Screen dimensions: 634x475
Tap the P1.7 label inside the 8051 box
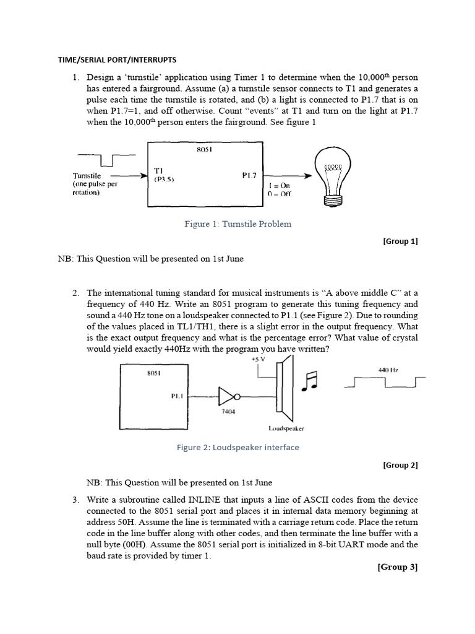(x=250, y=175)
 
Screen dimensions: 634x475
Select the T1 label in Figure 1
(x=158, y=170)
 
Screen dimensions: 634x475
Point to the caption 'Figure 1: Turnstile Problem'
(x=237, y=224)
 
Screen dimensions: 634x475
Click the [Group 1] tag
(x=400, y=241)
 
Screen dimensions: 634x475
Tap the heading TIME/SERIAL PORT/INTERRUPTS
(x=117, y=60)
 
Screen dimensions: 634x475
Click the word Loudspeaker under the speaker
(x=285, y=428)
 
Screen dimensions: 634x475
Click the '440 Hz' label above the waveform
(x=388, y=370)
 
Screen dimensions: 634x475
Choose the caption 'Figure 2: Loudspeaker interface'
(x=237, y=448)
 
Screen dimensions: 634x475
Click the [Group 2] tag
(x=400, y=465)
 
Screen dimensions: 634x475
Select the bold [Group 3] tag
(x=398, y=567)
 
